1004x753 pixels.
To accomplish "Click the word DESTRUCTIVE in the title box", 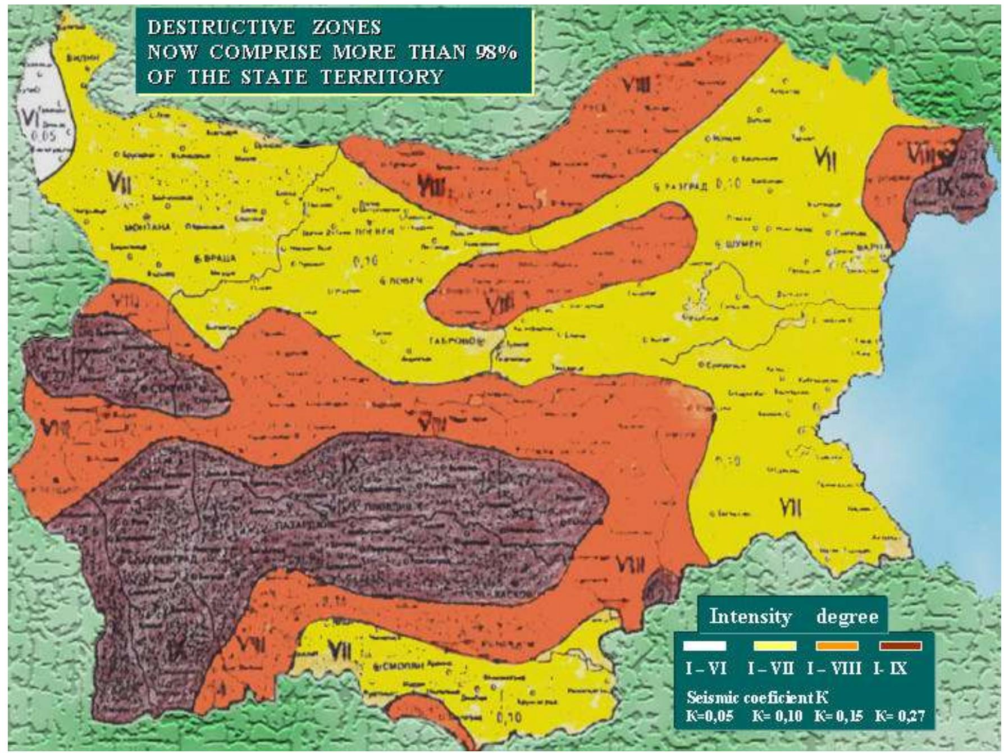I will (221, 27).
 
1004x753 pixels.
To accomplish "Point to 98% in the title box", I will (496, 52).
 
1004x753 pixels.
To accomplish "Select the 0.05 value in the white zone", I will (43, 136).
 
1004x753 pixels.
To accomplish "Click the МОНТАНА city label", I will (148, 227).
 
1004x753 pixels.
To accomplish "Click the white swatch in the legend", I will (705, 646).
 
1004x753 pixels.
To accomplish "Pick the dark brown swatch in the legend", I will (901, 646).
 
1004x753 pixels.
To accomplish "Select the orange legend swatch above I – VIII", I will (837, 646).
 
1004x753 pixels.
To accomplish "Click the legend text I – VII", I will (770, 668).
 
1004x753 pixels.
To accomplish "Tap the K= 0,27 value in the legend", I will (899, 716).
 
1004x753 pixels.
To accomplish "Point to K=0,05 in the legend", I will (710, 716).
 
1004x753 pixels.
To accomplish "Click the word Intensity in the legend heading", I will (750, 616).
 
